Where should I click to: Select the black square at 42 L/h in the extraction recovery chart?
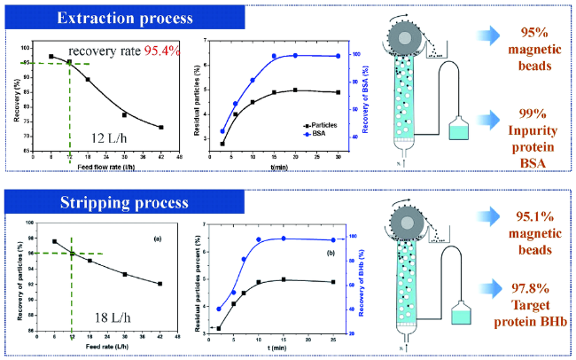[161, 128]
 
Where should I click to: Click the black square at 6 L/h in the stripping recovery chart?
[54, 241]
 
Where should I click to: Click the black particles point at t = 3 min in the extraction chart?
[222, 143]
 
